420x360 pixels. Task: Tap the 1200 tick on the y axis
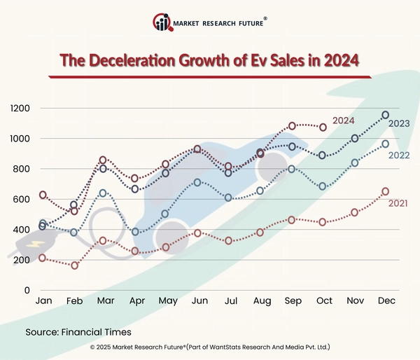(22, 109)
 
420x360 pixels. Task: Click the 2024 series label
(343, 120)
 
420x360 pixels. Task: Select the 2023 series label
(399, 124)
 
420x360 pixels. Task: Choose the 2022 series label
(399, 155)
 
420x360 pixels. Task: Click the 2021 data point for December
(385, 191)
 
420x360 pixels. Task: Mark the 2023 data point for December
(385, 115)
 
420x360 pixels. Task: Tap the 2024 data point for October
(323, 127)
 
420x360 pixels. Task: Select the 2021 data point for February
(74, 265)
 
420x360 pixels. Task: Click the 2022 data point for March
(103, 193)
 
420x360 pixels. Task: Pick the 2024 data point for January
(43, 195)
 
